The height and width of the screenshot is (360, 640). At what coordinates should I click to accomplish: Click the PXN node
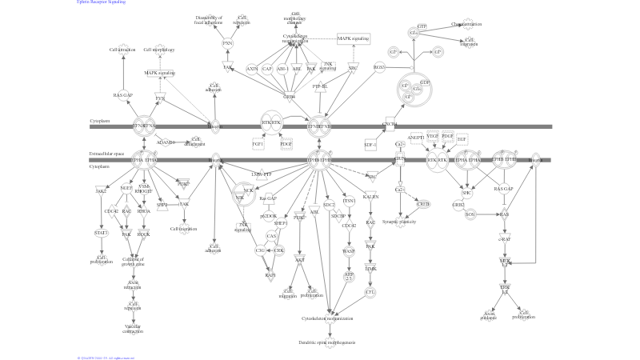coord(227,43)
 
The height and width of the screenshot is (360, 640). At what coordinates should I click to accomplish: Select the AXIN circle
coord(252,70)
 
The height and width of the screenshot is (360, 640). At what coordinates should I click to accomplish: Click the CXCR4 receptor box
coord(390,125)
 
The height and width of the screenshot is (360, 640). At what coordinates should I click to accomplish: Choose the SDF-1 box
coord(370,145)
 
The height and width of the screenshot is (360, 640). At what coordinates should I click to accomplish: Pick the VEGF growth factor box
coord(433,138)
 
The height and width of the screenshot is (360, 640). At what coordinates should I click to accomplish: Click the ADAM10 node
coord(166,142)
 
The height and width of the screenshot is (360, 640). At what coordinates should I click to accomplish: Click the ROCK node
coord(144,234)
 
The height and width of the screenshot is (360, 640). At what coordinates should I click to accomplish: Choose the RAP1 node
coord(270,274)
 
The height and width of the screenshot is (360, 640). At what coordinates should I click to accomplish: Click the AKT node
coord(300,259)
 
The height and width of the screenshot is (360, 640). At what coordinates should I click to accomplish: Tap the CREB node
coord(423,204)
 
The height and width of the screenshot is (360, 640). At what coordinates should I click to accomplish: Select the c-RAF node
coord(505,238)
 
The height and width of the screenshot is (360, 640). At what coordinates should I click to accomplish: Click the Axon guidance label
coord(490,315)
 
